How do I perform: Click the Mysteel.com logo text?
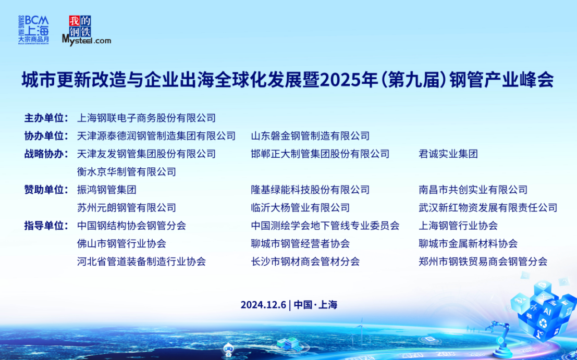(87, 40)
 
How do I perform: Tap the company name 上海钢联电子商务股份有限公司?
(146, 118)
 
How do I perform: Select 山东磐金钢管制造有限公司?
(310, 136)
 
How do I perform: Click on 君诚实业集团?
(448, 154)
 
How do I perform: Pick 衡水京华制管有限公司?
(127, 172)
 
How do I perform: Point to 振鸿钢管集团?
(107, 190)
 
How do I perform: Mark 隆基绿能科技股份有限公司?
(310, 190)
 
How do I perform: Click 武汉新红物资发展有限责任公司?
(488, 208)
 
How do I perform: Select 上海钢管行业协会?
(458, 226)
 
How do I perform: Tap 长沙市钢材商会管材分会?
(305, 262)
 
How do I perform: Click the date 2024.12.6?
(263, 305)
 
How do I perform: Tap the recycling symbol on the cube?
(543, 324)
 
